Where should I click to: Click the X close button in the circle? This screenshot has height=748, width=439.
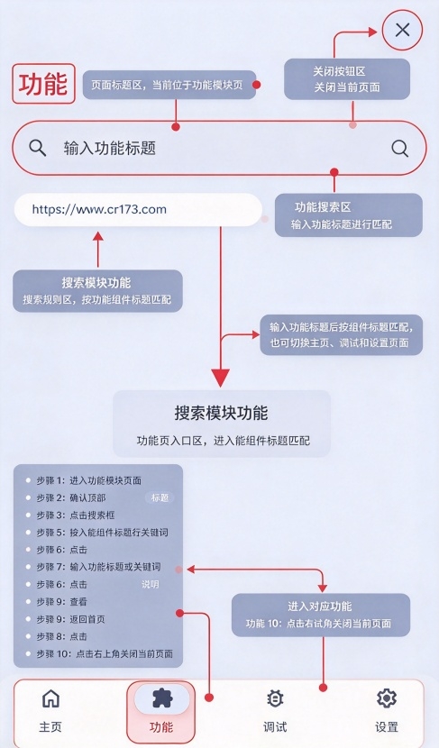tap(402, 30)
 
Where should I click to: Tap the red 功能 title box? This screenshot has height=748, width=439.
tap(43, 84)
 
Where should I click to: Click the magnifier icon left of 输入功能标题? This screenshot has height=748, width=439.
tap(37, 148)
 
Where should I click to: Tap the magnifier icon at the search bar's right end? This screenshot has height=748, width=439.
tap(400, 149)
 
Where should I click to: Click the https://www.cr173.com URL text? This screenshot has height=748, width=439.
tap(99, 209)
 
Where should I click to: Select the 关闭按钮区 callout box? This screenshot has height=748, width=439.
tap(347, 79)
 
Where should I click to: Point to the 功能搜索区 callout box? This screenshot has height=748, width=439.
tap(348, 214)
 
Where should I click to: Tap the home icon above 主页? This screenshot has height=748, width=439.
tap(50, 698)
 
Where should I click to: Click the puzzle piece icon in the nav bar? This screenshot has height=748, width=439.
tap(162, 698)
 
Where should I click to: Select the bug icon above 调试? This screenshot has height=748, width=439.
tap(275, 698)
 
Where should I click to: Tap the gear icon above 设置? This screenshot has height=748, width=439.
tap(386, 698)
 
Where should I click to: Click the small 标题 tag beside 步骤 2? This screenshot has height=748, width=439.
tap(160, 498)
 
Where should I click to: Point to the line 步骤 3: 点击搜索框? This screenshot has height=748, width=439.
tap(76, 515)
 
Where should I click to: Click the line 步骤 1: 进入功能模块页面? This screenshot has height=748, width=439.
tap(88, 480)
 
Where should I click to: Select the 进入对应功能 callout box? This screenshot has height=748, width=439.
tap(321, 615)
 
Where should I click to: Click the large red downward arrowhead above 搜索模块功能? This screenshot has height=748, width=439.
tap(221, 378)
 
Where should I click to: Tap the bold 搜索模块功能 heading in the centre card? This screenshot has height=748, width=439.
tap(221, 413)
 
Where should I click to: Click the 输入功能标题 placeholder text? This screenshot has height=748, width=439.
tap(110, 149)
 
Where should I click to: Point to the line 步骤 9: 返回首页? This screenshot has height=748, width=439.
tap(70, 619)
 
